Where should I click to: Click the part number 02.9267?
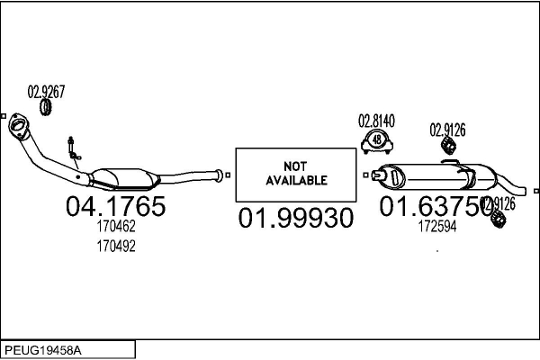click(x=46, y=91)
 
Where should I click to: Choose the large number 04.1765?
click(x=115, y=207)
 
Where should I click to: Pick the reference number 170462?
click(x=115, y=229)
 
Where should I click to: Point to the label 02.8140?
click(x=377, y=120)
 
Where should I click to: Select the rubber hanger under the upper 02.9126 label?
click(x=446, y=145)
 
